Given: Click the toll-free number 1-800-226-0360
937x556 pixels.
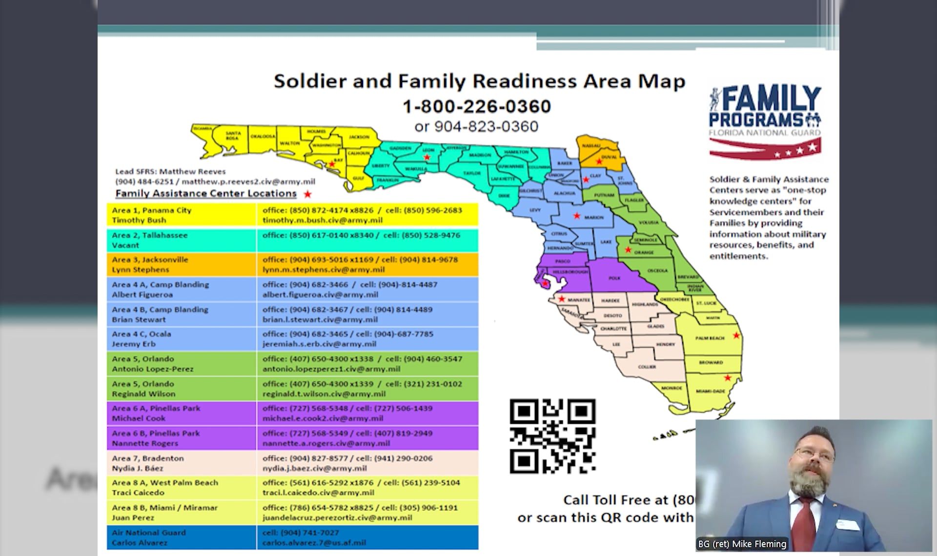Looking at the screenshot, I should point(476,106).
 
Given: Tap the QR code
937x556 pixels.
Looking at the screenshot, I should point(552,436).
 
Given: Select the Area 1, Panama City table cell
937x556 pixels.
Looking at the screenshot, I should point(182,215).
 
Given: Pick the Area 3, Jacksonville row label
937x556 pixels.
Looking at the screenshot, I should point(182,264).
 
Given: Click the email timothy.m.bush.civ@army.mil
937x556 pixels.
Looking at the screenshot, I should point(322,220).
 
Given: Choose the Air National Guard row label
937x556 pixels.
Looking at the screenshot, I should point(182,537).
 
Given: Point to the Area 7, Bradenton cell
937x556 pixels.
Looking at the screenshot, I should point(182,463).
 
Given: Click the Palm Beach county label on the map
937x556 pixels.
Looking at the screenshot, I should point(710,338).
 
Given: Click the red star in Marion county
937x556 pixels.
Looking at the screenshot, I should point(577,216).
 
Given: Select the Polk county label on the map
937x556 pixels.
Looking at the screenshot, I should point(614,278).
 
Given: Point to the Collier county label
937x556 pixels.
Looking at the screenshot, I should point(647,366).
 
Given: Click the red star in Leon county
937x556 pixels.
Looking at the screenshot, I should point(427,157).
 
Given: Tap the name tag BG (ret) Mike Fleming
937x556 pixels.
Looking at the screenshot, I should point(742,544).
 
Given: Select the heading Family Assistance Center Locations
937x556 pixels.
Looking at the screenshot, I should point(206,194).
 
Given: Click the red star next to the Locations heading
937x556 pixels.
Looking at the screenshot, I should point(307,194).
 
